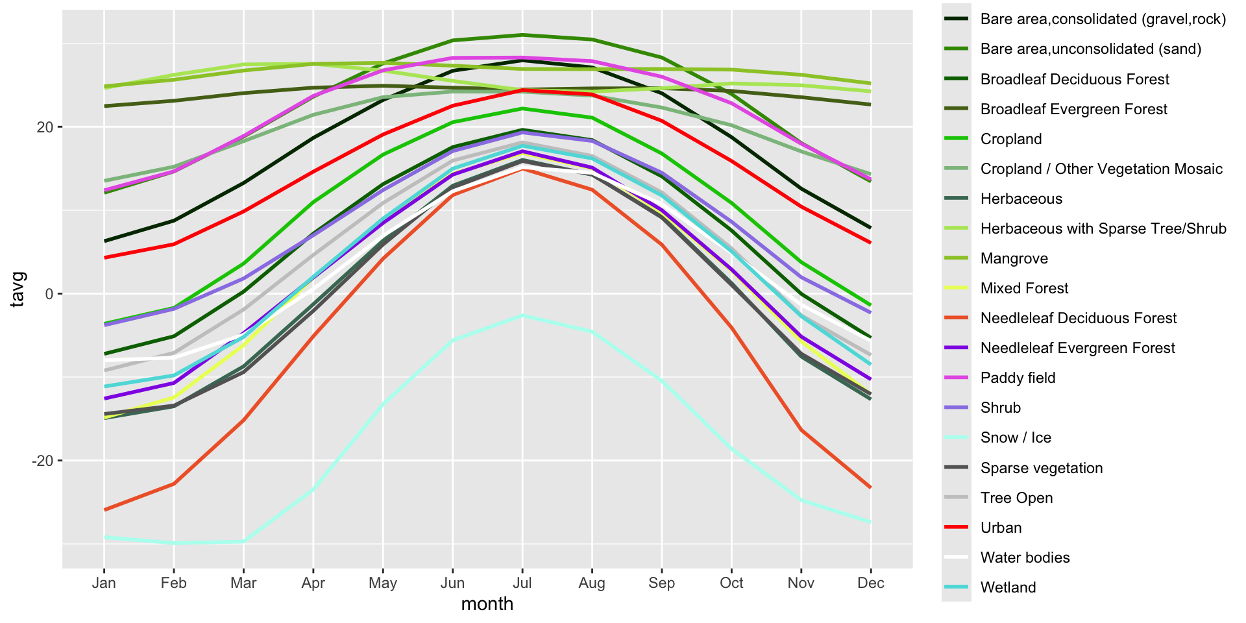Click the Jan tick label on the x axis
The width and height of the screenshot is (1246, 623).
[x=104, y=583]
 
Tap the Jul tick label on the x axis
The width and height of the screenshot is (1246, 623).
[x=522, y=583]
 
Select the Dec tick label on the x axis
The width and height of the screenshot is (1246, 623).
[x=870, y=583]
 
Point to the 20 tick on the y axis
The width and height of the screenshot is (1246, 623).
[x=45, y=127]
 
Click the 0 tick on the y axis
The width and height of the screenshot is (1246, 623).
[x=49, y=294]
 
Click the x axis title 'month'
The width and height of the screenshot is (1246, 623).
[x=487, y=604]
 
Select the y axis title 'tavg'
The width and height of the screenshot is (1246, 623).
[x=18, y=289]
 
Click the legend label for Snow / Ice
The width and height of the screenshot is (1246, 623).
[x=1016, y=437]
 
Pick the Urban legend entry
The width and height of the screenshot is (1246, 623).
[x=1001, y=528]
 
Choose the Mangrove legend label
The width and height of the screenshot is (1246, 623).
[x=1014, y=258]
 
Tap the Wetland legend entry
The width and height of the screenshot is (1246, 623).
[x=1008, y=587]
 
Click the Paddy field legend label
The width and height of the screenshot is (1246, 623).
[x=1018, y=378]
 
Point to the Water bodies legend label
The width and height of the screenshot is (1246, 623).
[x=1025, y=557]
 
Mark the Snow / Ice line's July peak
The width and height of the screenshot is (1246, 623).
[x=522, y=315]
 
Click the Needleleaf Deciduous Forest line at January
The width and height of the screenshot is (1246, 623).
[x=104, y=510]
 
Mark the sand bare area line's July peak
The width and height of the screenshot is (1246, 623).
[x=522, y=35]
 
